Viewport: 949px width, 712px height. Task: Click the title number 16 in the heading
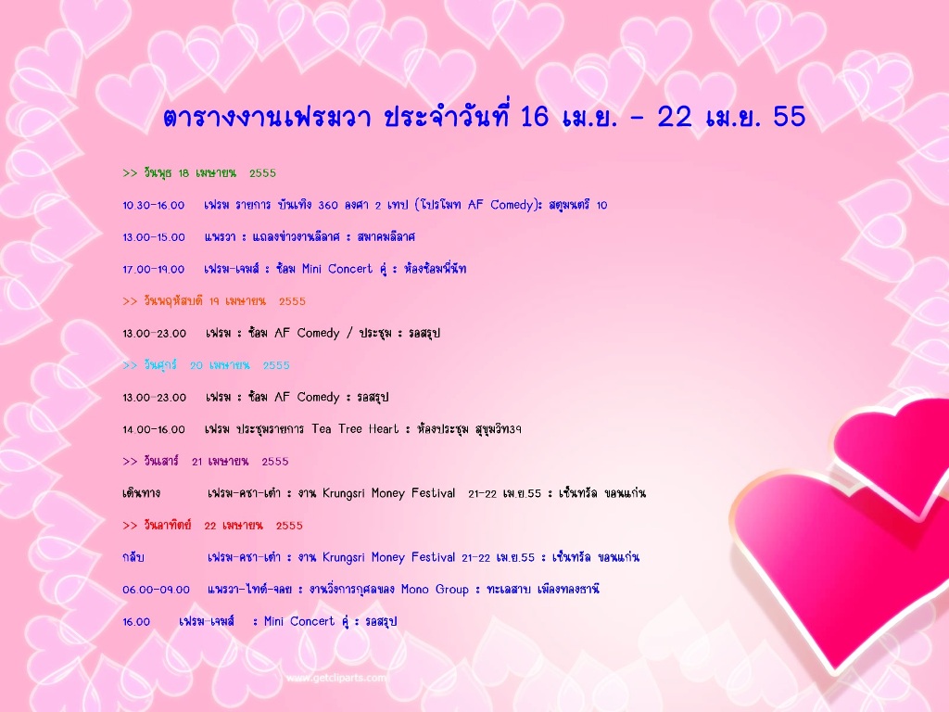[x=534, y=116]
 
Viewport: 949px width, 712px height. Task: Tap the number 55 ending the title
[x=790, y=116]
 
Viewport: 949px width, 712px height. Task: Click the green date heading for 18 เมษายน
[x=199, y=173]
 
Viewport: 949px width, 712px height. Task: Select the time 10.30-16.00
[x=154, y=205]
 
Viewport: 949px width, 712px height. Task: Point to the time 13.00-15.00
[x=154, y=237]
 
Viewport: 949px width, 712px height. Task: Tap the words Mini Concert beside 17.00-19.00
[x=337, y=269]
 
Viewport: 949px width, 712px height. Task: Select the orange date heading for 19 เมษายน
[x=214, y=301]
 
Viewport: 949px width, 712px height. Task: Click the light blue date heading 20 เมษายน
[x=206, y=365]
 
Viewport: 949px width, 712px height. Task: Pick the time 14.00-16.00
[x=154, y=430]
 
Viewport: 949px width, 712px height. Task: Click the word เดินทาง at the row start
[x=141, y=493]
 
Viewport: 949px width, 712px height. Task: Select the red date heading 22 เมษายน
[x=212, y=526]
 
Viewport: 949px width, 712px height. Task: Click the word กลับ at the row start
[x=133, y=557]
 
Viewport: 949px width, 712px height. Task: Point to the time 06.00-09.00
[x=156, y=590]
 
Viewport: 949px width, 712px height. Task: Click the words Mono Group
[x=435, y=590]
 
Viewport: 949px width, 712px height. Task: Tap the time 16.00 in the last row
[x=136, y=622]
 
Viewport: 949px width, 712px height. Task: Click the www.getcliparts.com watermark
[x=335, y=678]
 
